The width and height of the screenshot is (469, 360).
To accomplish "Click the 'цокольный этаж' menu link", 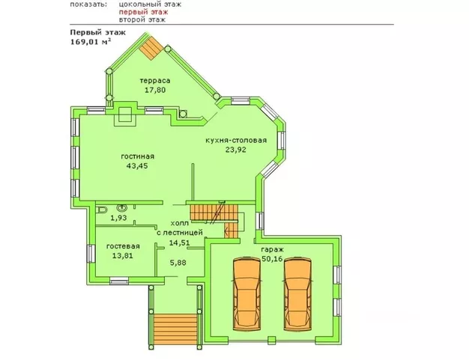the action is click(x=150, y=4).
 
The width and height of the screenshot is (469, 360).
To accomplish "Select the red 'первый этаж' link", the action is click(x=143, y=12).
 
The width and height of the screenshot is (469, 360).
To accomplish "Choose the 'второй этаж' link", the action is click(x=142, y=19).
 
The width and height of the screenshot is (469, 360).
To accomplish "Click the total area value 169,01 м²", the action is click(x=91, y=41).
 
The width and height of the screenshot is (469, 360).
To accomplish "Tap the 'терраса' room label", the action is click(x=155, y=81).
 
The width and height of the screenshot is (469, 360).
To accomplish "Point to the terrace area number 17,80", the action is click(x=155, y=90).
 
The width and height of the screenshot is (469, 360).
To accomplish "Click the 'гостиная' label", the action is click(x=138, y=156).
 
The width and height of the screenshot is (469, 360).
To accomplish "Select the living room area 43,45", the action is click(x=137, y=166).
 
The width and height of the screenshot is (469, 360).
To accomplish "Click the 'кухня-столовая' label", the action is click(x=236, y=140).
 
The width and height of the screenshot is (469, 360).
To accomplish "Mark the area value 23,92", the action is click(x=236, y=150).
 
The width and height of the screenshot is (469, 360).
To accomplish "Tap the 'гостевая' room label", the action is click(x=123, y=246).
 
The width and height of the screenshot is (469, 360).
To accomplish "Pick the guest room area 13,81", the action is click(x=123, y=256).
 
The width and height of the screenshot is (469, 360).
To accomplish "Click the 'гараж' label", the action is click(x=272, y=249).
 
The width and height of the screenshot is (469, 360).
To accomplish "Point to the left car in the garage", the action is click(x=246, y=294).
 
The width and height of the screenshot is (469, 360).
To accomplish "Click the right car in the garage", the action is click(x=297, y=294).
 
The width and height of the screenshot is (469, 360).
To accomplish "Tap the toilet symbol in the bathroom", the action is click(x=101, y=210).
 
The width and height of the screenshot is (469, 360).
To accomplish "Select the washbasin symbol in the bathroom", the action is click(x=122, y=207).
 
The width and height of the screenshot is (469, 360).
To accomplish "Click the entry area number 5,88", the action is click(x=178, y=263).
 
